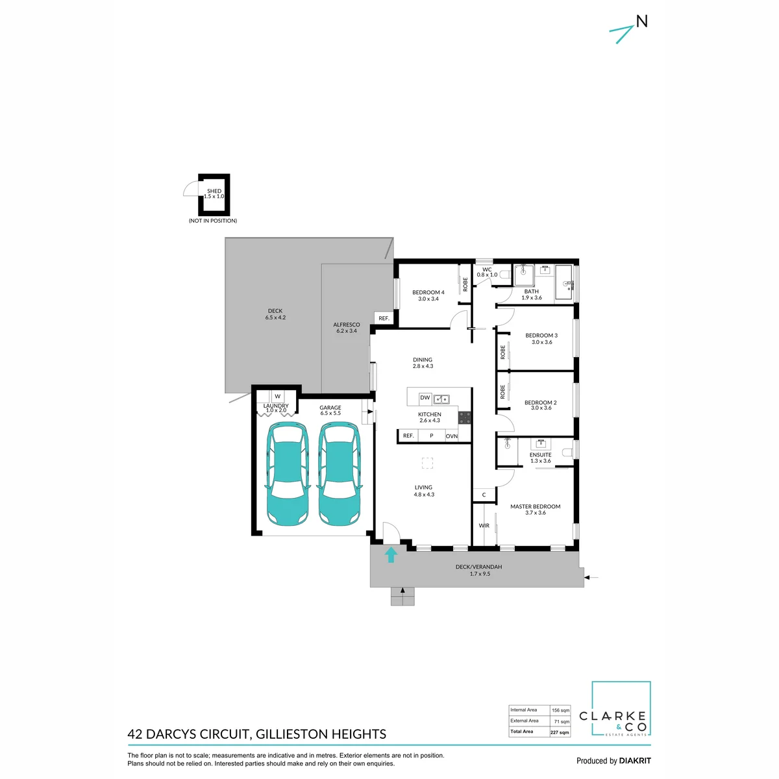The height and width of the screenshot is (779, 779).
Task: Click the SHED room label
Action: click(x=214, y=191)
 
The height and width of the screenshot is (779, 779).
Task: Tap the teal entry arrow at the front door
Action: click(x=390, y=554)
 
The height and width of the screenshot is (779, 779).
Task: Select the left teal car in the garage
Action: click(x=288, y=473)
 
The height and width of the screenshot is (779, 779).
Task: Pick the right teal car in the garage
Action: click(x=340, y=473)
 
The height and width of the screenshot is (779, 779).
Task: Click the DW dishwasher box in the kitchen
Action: click(x=425, y=398)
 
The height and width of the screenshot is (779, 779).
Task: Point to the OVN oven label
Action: click(x=452, y=436)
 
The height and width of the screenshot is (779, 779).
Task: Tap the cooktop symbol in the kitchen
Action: click(x=465, y=417)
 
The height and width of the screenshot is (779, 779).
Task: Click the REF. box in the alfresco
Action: click(x=384, y=318)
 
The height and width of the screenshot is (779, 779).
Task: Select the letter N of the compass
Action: click(x=642, y=21)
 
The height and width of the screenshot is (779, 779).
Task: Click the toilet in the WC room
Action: click(x=504, y=275)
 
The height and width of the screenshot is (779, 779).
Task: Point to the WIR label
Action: click(x=484, y=526)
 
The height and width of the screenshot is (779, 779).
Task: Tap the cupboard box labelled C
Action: click(x=484, y=495)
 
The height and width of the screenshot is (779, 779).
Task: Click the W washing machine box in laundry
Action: click(x=277, y=396)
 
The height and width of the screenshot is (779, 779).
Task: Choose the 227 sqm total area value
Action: click(x=560, y=732)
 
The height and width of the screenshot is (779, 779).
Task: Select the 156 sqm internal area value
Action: click(x=560, y=710)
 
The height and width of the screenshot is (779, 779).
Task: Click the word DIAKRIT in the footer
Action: click(x=635, y=761)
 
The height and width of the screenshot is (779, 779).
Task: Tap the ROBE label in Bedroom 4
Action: click(x=465, y=284)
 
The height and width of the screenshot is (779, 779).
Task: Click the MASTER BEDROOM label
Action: click(x=535, y=506)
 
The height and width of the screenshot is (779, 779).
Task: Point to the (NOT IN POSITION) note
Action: click(x=213, y=221)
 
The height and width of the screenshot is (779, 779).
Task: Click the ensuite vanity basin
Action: click(x=541, y=444)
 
